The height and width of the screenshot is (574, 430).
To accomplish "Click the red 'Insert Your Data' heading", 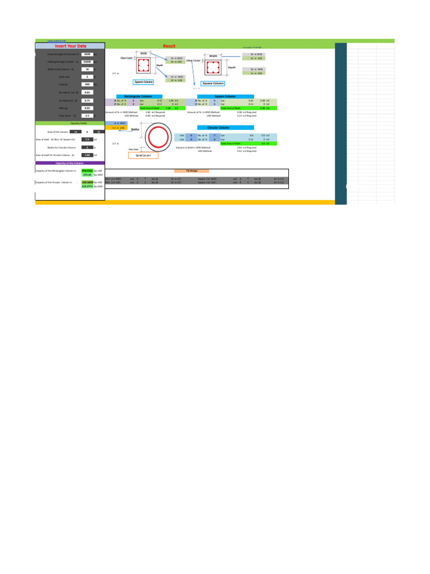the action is pyautogui.click(x=70, y=46).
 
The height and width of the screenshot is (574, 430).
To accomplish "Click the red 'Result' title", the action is pyautogui.click(x=169, y=46).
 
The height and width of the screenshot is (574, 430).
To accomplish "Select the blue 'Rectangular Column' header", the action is pyautogui.click(x=138, y=96).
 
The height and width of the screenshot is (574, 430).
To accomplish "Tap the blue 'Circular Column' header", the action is pyautogui.click(x=222, y=127).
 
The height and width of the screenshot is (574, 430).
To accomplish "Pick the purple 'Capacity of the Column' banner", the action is pyautogui.click(x=70, y=162).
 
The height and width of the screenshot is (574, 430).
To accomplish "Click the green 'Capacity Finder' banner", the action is pyautogui.click(x=70, y=122).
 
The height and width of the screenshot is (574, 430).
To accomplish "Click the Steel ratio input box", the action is pyautogui.click(x=87, y=76).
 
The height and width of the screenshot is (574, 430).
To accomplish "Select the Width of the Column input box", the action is pyautogui.click(x=87, y=69).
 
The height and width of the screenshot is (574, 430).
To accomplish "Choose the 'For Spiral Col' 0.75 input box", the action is pyautogui.click(x=87, y=100).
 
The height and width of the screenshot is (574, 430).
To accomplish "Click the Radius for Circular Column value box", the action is pyautogui.click(x=87, y=147).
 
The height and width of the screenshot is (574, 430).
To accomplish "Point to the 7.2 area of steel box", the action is pyautogui.click(x=87, y=139).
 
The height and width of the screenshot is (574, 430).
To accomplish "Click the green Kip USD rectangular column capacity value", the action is pyautogui.click(x=86, y=170).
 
